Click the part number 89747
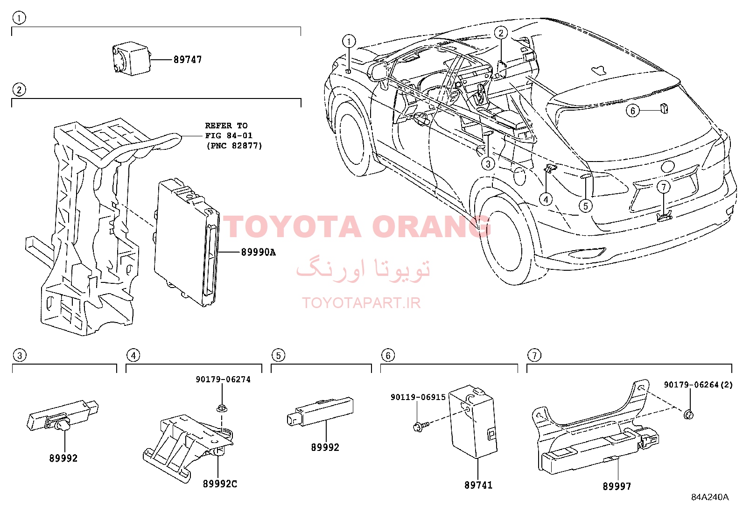click(188, 60)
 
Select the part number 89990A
click(259, 253)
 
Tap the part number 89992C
click(220, 484)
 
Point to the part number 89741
click(478, 485)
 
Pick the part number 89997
click(617, 486)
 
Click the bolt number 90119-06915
click(418, 397)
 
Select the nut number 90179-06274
click(223, 379)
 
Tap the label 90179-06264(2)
click(698, 385)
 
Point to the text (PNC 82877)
click(234, 146)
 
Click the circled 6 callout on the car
click(632, 111)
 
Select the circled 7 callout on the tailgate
click(663, 187)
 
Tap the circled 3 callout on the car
click(488, 163)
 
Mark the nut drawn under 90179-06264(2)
click(688, 415)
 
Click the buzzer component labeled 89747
click(131, 59)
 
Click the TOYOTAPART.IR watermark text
click(361, 303)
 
